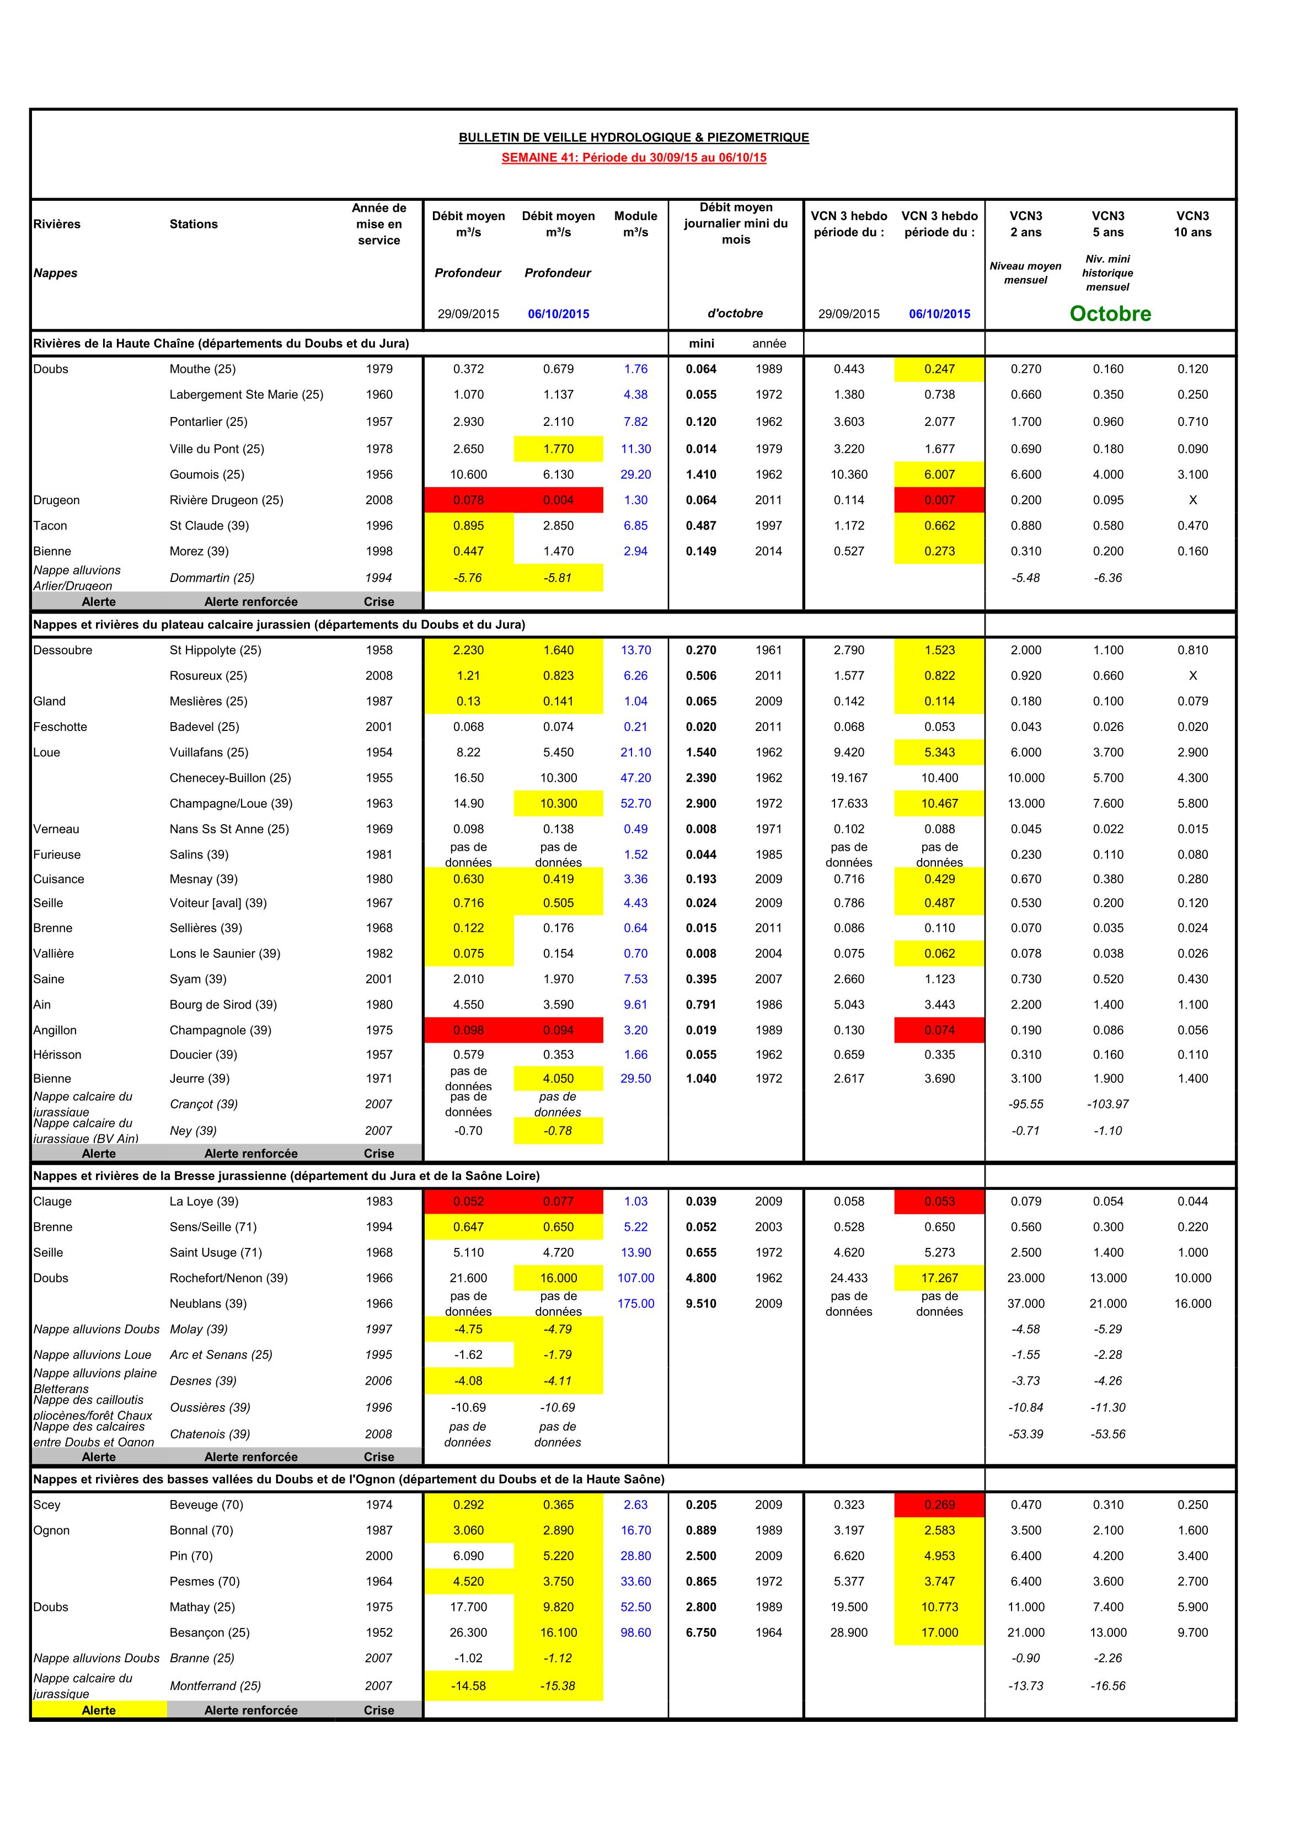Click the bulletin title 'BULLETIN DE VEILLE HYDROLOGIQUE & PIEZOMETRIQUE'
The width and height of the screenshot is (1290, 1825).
click(x=634, y=137)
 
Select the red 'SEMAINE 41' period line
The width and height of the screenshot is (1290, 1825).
click(x=634, y=157)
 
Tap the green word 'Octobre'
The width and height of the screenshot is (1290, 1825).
click(x=1110, y=313)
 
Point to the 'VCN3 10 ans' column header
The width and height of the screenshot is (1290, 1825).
click(x=1192, y=224)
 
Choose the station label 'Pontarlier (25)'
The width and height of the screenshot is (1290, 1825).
click(x=208, y=421)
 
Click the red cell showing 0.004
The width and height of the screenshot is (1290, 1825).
click(x=558, y=500)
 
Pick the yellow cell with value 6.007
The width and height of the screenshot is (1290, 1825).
click(x=939, y=474)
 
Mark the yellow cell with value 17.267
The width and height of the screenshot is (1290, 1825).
click(x=939, y=1278)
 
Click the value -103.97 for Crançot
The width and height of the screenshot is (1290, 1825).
click(x=1108, y=1104)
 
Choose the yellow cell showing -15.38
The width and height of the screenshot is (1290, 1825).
click(x=558, y=1686)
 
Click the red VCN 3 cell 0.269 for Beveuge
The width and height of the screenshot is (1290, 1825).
click(x=939, y=1504)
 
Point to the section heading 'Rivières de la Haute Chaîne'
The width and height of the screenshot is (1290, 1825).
click(x=221, y=343)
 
